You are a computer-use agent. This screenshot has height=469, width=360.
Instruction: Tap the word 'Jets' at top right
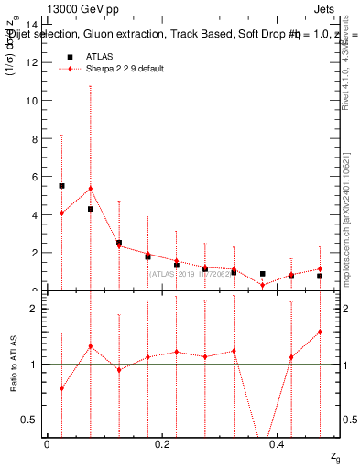pyautogui.click(x=324, y=10)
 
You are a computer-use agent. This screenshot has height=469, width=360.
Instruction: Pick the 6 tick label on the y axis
pyautogui.click(x=35, y=177)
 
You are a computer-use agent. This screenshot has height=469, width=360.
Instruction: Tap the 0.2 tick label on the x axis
pyautogui.click(x=162, y=444)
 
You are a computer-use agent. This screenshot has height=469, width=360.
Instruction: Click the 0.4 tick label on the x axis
pyautogui.click(x=278, y=444)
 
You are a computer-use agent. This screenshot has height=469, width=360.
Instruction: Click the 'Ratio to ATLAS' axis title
pyautogui.click(x=14, y=364)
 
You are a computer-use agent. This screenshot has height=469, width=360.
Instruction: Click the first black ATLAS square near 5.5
pyautogui.click(x=61, y=185)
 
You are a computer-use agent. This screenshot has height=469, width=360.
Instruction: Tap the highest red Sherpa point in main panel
pyautogui.click(x=90, y=189)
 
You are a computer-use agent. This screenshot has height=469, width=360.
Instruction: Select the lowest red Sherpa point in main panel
pyautogui.click(x=262, y=285)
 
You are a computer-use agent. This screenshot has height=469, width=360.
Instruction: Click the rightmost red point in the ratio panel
pyautogui.click(x=320, y=332)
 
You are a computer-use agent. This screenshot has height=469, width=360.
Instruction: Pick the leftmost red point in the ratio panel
pyautogui.click(x=61, y=388)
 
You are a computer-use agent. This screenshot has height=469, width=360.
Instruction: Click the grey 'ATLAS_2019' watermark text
pyautogui.click(x=189, y=273)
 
